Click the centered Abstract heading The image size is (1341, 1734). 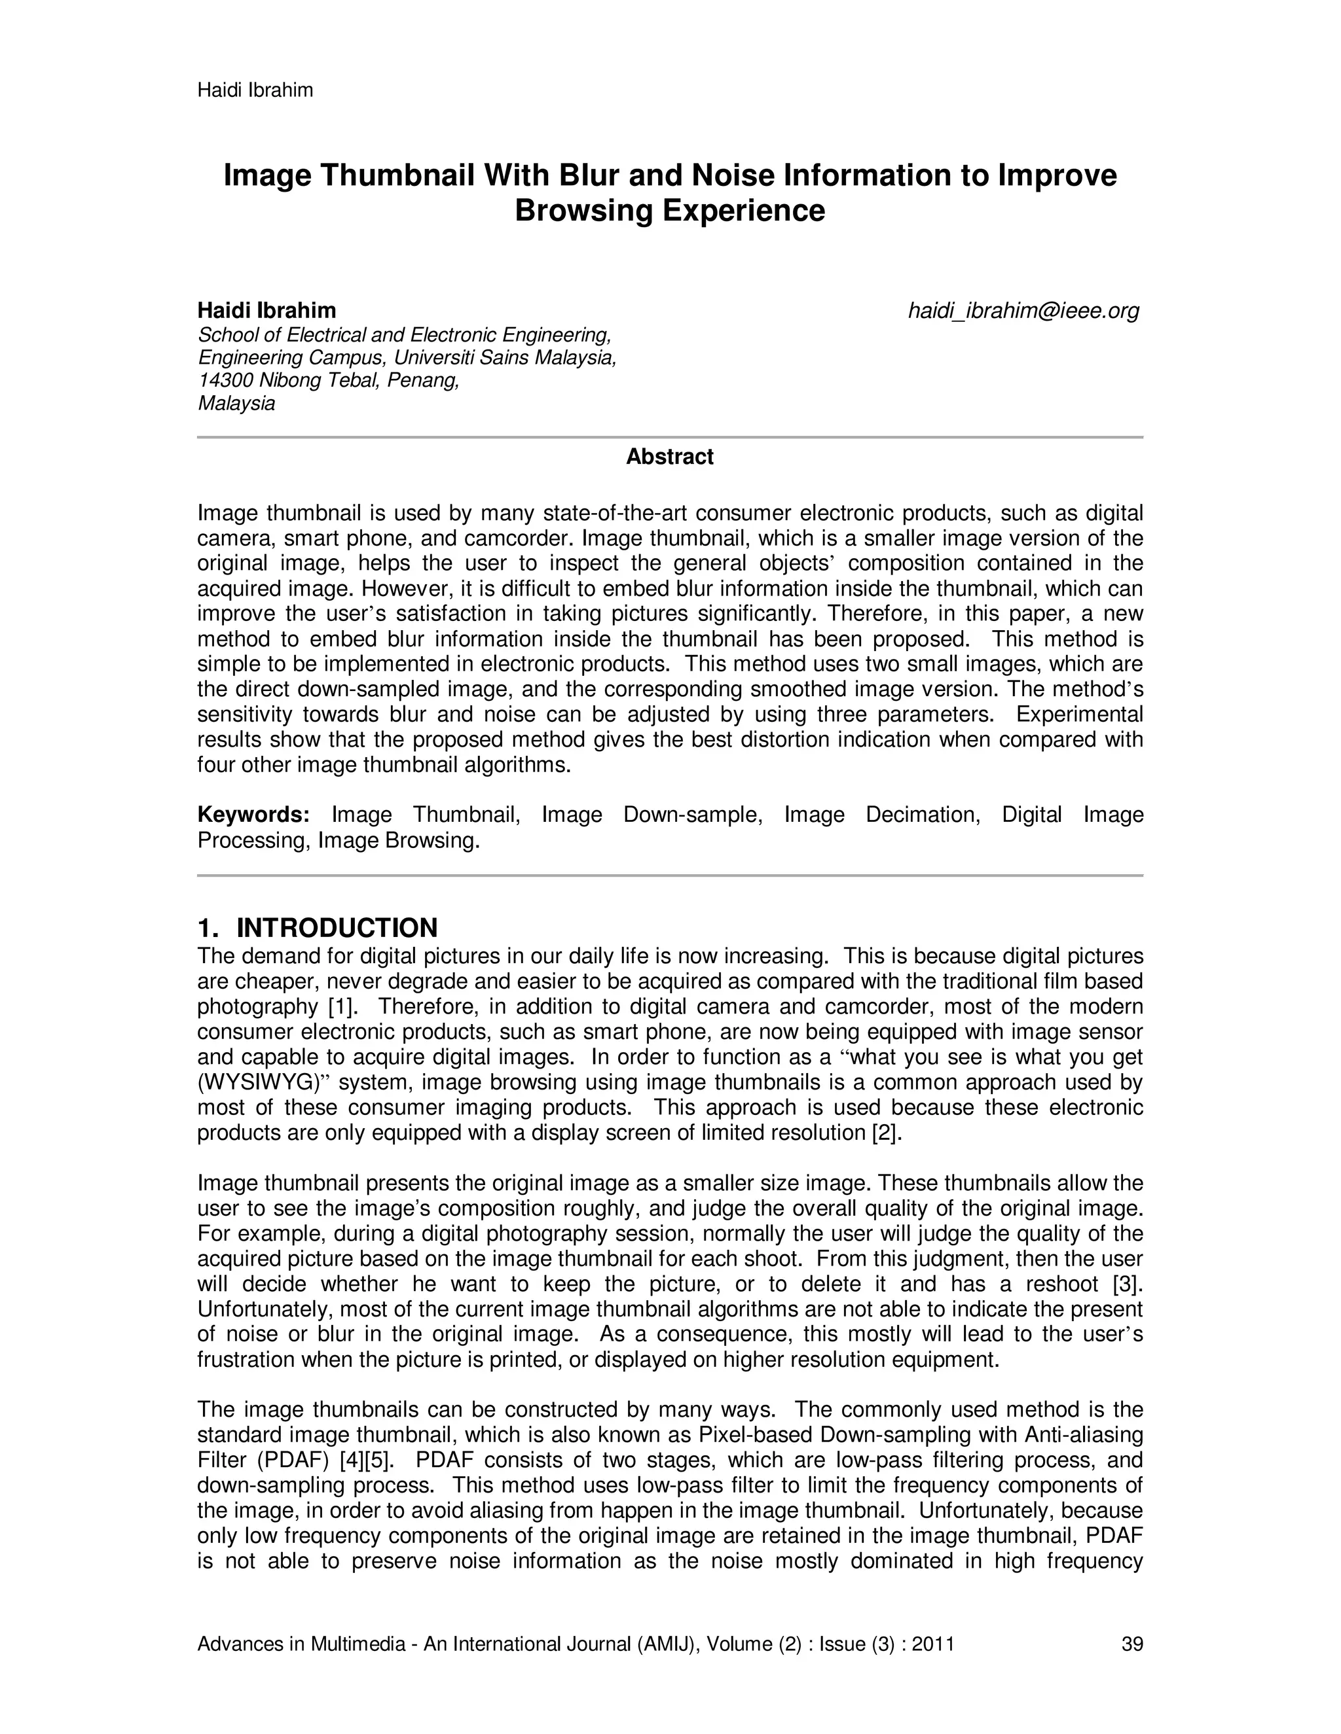(x=670, y=457)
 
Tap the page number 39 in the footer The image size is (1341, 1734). (x=1132, y=1644)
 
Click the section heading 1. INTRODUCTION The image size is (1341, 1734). (x=318, y=927)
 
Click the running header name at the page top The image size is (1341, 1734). (x=255, y=90)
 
